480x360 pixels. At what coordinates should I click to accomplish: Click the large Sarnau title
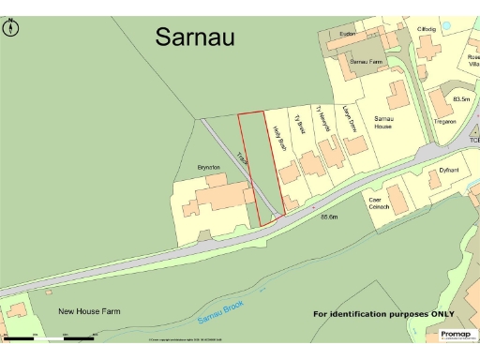[196, 37]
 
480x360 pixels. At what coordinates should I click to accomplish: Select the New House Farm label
[89, 311]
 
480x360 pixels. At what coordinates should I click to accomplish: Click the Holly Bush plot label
[278, 141]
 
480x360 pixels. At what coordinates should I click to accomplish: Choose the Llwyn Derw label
[346, 118]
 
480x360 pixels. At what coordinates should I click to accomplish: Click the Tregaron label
[444, 122]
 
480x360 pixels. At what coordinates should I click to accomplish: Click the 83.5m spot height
[461, 98]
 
